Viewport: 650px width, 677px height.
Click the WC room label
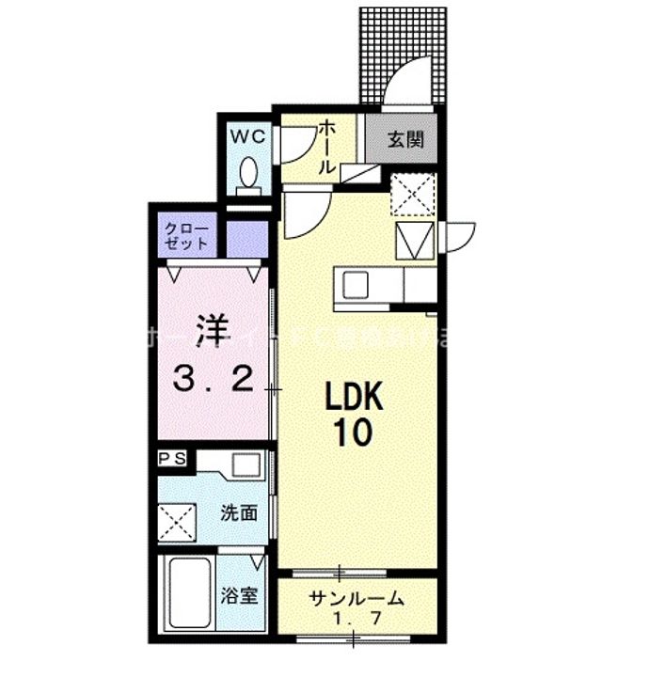click(249, 135)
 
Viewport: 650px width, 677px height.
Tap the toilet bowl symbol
click(249, 175)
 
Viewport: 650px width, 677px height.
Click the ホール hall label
click(327, 147)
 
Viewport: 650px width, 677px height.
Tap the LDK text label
click(355, 399)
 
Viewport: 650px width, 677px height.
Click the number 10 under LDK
click(355, 434)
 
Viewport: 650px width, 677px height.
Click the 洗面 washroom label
click(239, 513)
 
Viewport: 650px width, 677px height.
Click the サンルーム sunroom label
click(357, 597)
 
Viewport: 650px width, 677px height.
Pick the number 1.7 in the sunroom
click(357, 620)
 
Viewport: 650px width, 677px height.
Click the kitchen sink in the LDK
click(357, 283)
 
